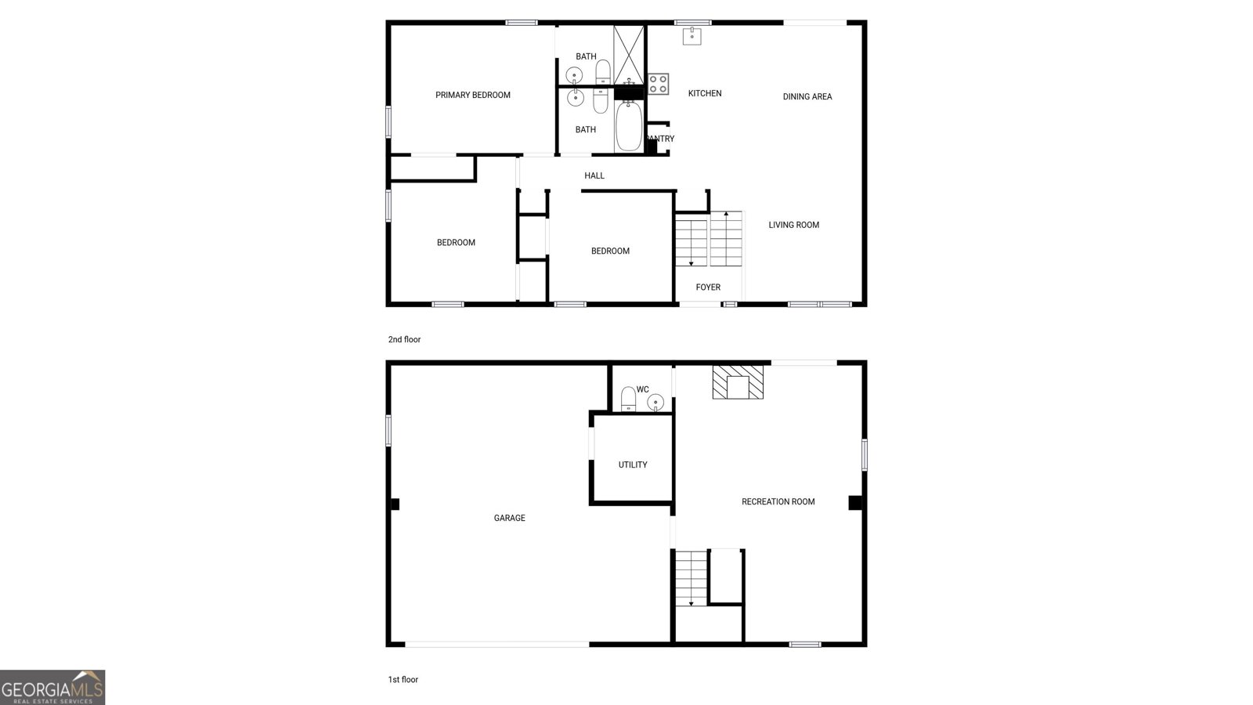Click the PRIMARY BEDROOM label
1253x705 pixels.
tap(473, 96)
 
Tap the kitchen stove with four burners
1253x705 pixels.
tap(658, 84)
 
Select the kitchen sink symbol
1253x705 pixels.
tap(691, 36)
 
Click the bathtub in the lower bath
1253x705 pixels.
tap(629, 128)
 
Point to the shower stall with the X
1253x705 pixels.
tap(628, 54)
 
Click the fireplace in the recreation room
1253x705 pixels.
tap(738, 381)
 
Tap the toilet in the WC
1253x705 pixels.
tap(628, 399)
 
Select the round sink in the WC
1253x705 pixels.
tap(655, 402)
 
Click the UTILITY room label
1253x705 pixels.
tap(633, 465)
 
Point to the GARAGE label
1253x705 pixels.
tap(510, 519)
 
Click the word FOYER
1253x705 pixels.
tap(708, 287)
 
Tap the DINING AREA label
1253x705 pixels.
tap(807, 97)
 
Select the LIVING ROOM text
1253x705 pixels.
tap(793, 226)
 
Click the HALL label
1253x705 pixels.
tap(594, 176)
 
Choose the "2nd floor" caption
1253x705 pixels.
tap(404, 340)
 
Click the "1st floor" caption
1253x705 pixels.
tap(403, 680)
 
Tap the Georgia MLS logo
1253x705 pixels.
tap(52, 688)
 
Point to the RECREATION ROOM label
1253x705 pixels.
tap(778, 502)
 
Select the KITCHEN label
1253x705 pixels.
tap(705, 94)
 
